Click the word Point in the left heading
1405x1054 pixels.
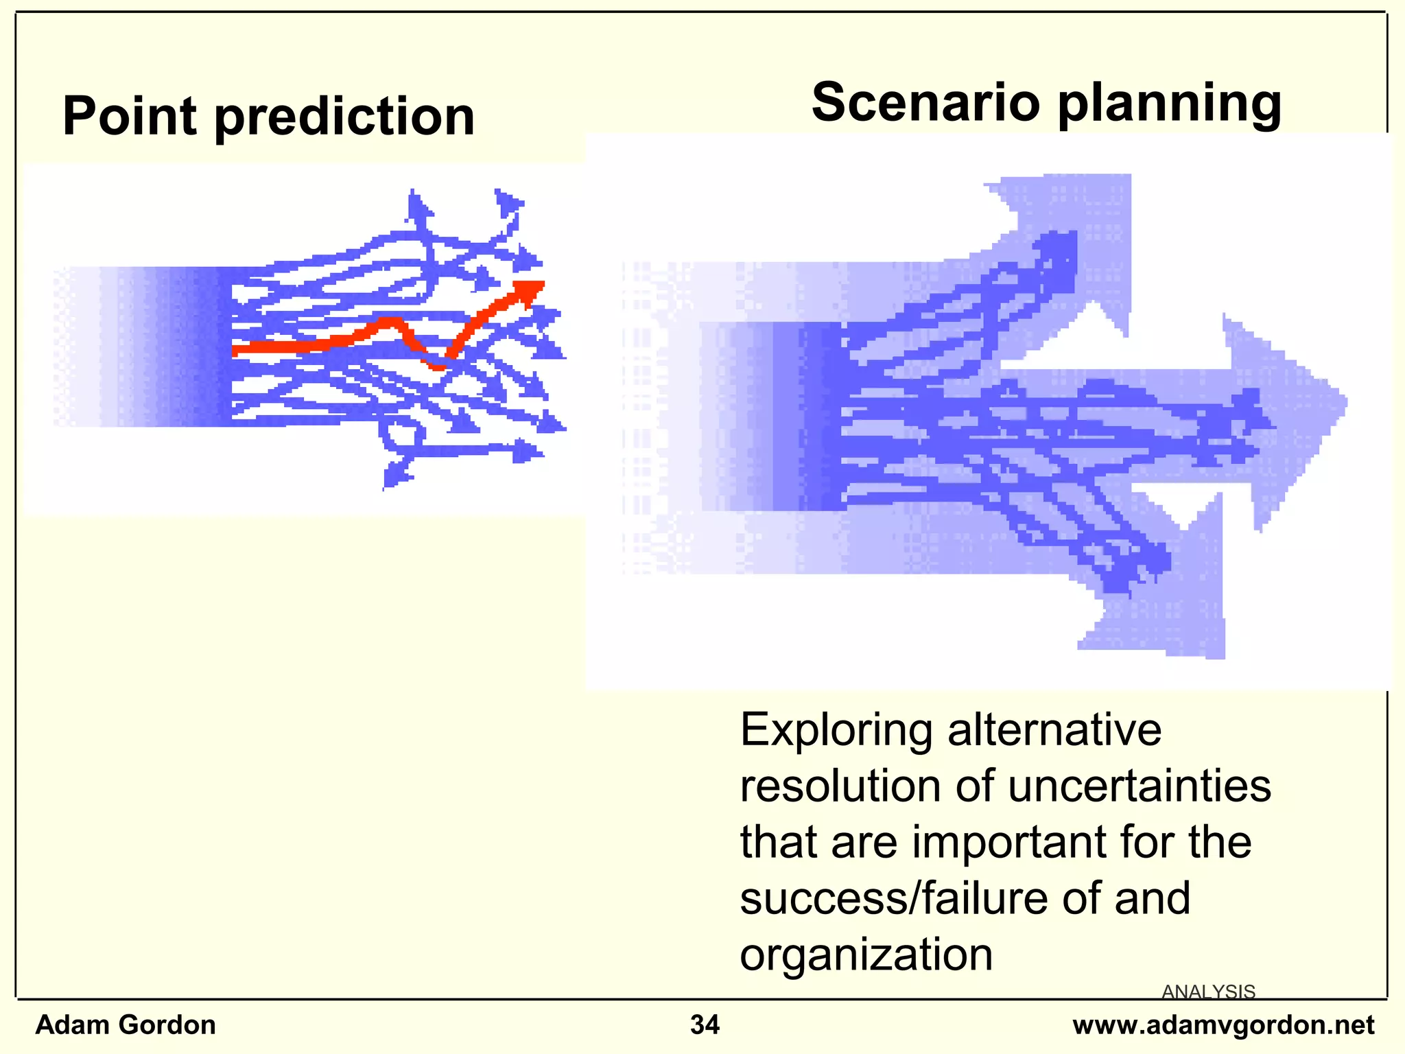coord(130,117)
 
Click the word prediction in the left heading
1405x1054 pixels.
coord(345,117)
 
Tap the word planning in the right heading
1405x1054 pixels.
coord(1170,103)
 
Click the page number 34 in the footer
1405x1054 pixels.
coord(705,1024)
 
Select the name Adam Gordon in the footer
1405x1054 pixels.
coord(126,1024)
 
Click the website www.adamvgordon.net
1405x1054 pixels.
coord(1223,1024)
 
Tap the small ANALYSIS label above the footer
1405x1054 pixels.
coord(1208,992)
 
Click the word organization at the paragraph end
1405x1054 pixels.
coord(866,955)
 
